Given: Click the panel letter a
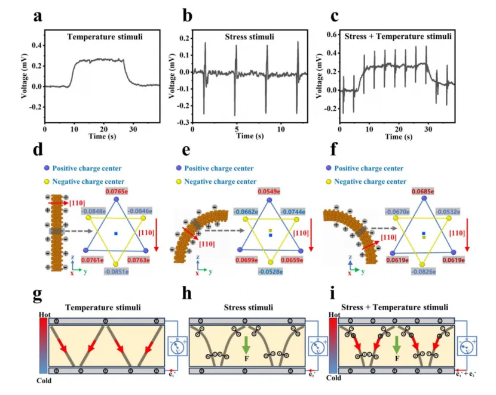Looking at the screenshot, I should [x=37, y=16].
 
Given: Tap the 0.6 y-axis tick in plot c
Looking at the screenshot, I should [x=331, y=35].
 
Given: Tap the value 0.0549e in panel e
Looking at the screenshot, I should [x=269, y=191].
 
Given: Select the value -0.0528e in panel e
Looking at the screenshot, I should [x=270, y=273].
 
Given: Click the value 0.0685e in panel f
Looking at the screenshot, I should [x=423, y=191].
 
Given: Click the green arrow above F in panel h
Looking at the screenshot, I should [x=246, y=344].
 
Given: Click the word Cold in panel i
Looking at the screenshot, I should [x=336, y=377].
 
